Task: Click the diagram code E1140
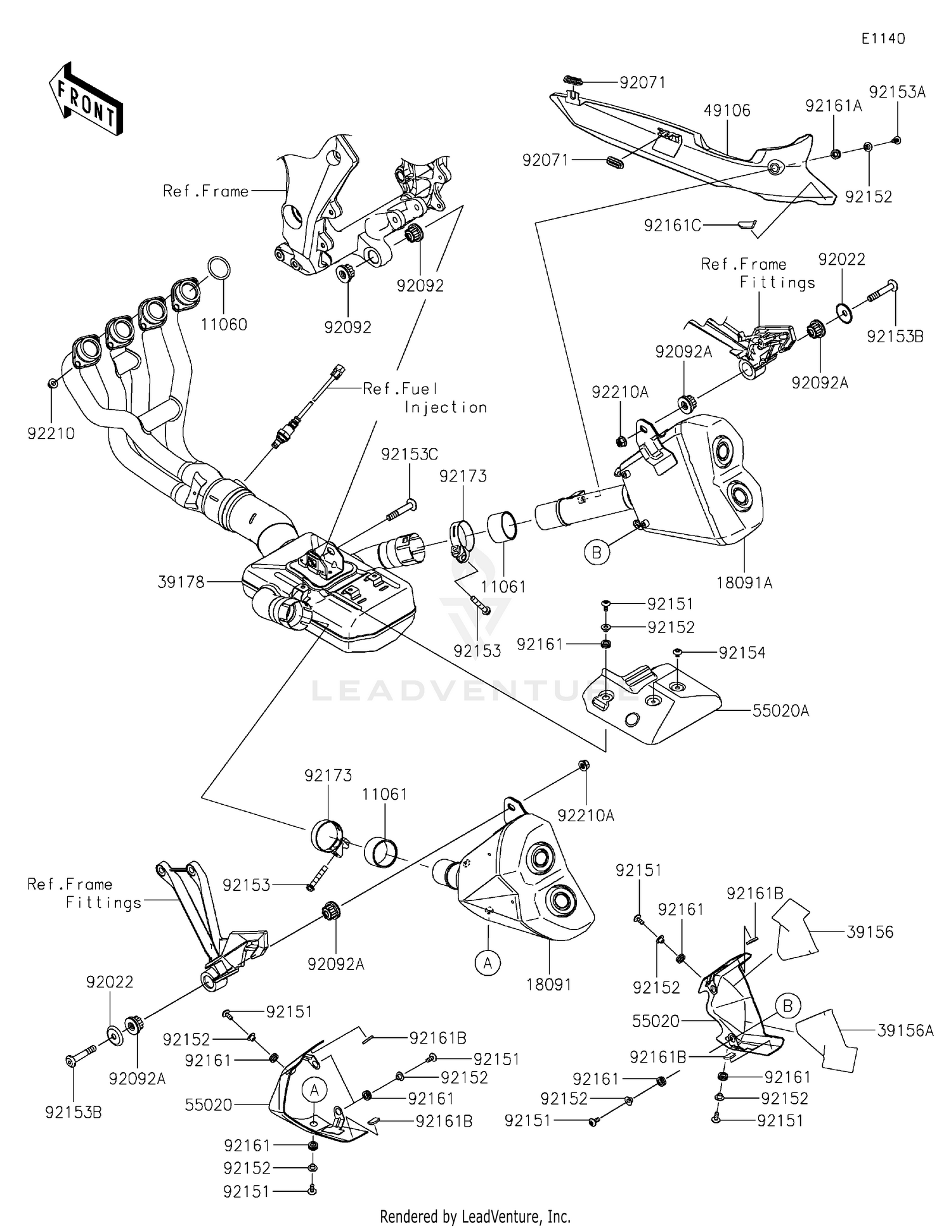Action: pyautogui.click(x=883, y=39)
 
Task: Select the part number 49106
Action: pyautogui.click(x=727, y=111)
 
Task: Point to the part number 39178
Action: pyautogui.click(x=181, y=582)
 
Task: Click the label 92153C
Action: pyautogui.click(x=409, y=454)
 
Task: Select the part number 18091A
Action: pyautogui.click(x=744, y=582)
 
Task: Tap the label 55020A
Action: pyautogui.click(x=780, y=711)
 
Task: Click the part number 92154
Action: pyautogui.click(x=742, y=653)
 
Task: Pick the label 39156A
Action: pyautogui.click(x=905, y=1031)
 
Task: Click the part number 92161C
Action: pyautogui.click(x=672, y=225)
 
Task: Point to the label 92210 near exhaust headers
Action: pyautogui.click(x=51, y=434)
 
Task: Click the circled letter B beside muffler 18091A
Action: pyautogui.click(x=597, y=553)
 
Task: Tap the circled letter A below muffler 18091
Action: pyautogui.click(x=488, y=963)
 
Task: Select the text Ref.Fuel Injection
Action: pyautogui.click(x=425, y=398)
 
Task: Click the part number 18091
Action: pyautogui.click(x=548, y=985)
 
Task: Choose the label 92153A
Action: pyautogui.click(x=896, y=93)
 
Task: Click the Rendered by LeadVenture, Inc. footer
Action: pyautogui.click(x=475, y=1216)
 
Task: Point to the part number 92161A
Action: pyautogui.click(x=833, y=106)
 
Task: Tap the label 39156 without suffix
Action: pyautogui.click(x=870, y=932)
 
